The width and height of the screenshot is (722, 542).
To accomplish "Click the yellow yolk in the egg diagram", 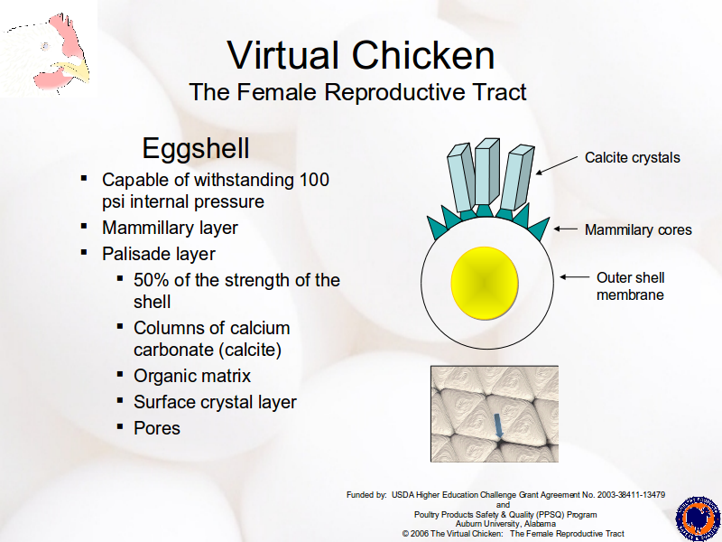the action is point(485,283).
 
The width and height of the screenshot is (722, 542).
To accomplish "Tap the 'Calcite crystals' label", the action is point(633,157).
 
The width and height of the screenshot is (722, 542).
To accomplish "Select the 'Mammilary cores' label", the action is point(638,229).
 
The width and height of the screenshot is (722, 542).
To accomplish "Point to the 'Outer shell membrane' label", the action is point(630,286).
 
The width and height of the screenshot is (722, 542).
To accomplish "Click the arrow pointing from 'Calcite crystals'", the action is point(557,165).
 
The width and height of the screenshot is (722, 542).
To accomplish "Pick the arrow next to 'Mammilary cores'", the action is point(566,229).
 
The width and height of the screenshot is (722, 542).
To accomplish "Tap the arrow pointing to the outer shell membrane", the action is point(574,277).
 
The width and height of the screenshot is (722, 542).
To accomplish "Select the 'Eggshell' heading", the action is point(196,148).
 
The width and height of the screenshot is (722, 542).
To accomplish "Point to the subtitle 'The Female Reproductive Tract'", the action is point(357,92).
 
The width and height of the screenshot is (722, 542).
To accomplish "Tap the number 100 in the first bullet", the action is point(314,180).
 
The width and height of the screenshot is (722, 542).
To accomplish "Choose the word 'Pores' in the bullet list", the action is point(157,428).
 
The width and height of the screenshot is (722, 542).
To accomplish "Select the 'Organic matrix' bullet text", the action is point(192,376).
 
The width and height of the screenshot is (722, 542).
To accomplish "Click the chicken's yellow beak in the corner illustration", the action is point(76,71).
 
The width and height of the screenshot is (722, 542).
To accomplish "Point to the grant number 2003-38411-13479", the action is point(631,494).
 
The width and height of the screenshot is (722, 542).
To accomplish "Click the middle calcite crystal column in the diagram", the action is point(486,172).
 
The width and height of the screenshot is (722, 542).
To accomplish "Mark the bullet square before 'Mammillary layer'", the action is point(84,226).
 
